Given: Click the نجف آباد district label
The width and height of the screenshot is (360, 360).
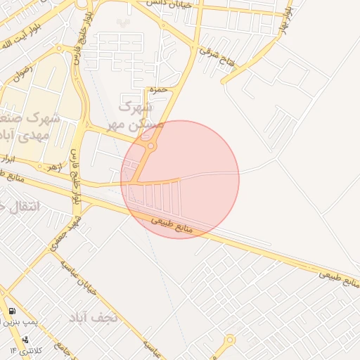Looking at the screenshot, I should (x=98, y=317).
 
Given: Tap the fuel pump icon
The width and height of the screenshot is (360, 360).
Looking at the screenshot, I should (x=12, y=311).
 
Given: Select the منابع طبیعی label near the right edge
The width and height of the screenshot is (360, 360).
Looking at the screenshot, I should (x=339, y=277).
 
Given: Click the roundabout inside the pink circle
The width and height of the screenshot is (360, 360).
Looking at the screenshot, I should (x=150, y=146).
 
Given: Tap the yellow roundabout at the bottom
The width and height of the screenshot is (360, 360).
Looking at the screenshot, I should (x=229, y=341).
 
